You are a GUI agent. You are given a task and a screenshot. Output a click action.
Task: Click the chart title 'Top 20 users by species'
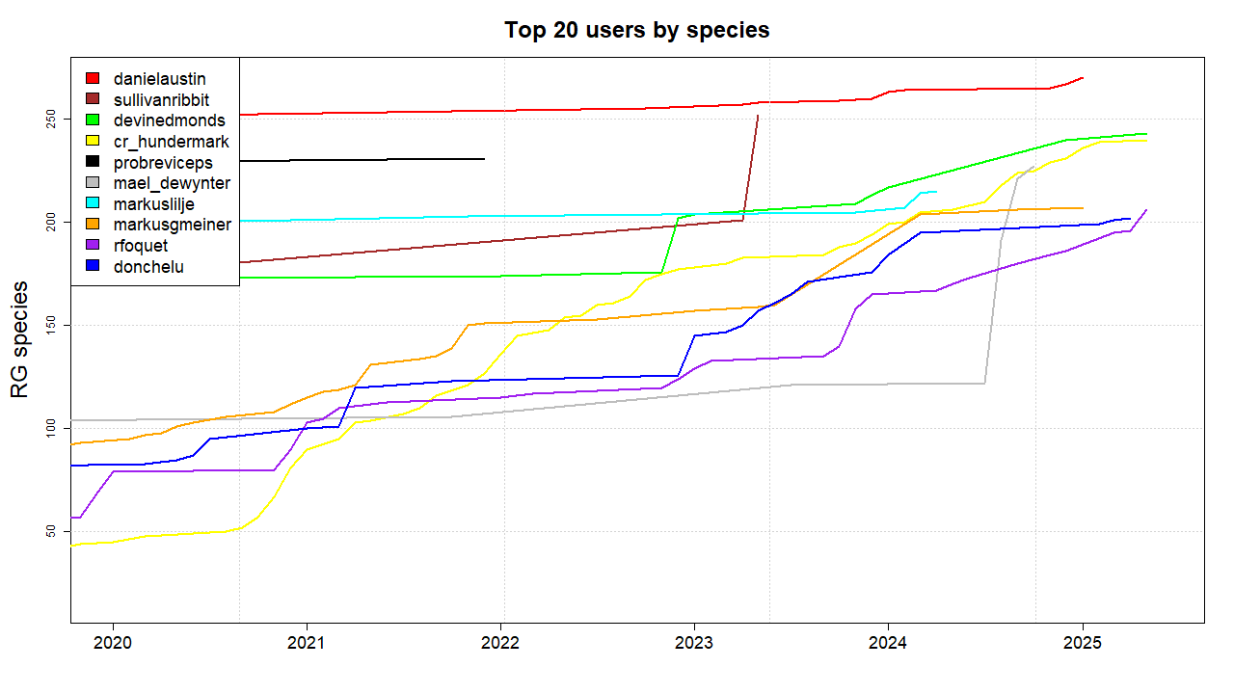(x=636, y=30)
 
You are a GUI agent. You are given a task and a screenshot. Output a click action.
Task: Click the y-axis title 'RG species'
(x=19, y=339)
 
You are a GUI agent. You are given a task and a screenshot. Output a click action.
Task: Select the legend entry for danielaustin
(x=159, y=78)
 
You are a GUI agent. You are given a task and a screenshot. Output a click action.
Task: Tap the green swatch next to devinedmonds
(x=93, y=120)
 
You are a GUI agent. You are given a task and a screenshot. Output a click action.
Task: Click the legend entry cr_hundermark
(x=171, y=142)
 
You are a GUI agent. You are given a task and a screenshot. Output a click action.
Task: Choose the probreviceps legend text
(x=163, y=163)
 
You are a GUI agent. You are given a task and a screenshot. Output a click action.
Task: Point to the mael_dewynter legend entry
(x=172, y=183)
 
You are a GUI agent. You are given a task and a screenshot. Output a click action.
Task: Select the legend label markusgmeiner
(x=172, y=225)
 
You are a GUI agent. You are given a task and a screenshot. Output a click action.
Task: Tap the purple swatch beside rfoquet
(x=93, y=246)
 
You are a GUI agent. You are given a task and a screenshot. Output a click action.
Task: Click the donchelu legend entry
(x=148, y=267)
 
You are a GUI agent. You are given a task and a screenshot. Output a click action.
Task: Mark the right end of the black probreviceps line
(x=484, y=159)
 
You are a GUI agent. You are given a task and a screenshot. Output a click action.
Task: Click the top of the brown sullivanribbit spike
(x=758, y=116)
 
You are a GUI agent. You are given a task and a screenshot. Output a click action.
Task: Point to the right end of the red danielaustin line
(x=1084, y=77)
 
